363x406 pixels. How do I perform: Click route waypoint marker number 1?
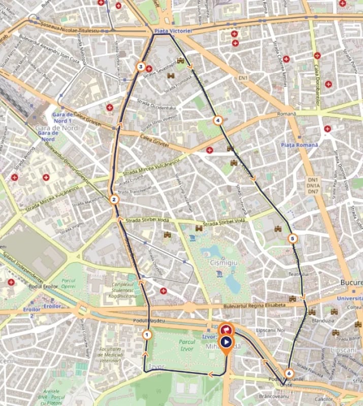tap(147, 334)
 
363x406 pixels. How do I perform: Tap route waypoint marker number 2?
tap(114, 199)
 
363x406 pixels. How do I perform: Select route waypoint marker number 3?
tap(141, 66)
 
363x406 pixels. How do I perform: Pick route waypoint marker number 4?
tap(218, 121)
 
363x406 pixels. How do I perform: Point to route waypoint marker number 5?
tap(292, 238)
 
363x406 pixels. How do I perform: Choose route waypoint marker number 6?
tap(289, 374)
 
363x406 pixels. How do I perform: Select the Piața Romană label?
tap(299, 145)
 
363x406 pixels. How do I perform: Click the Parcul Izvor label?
tap(187, 345)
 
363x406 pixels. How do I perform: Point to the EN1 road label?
tap(244, 78)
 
